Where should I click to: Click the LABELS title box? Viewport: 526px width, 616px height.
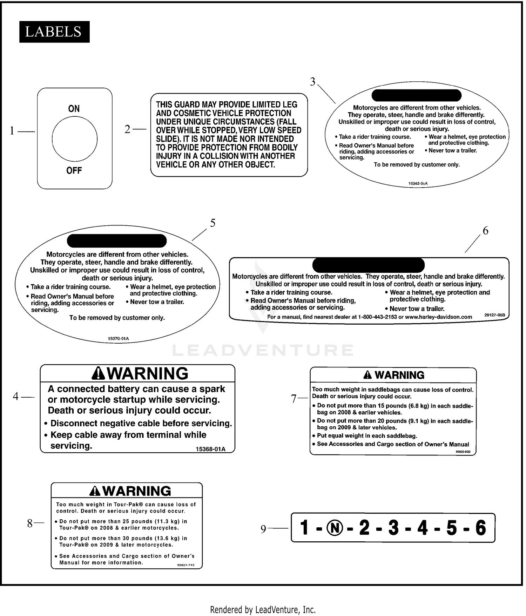pos(54,32)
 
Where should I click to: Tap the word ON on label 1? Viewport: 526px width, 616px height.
pos(74,109)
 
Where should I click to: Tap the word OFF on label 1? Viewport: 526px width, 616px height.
pos(74,171)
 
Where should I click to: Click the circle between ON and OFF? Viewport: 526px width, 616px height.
pos(75,139)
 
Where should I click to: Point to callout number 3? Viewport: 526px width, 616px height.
pos(313,82)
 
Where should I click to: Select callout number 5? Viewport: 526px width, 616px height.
pos(213,223)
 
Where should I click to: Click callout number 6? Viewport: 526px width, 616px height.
pos(485,231)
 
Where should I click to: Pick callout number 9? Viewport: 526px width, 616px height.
pos(263,529)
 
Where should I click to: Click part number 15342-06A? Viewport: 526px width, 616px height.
pos(418,183)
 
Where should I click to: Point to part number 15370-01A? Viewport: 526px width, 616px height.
pos(118,339)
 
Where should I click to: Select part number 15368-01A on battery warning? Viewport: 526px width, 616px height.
pos(210,449)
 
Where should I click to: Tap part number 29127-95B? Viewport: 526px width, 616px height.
pos(494,315)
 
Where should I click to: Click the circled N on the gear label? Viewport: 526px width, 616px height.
pos(335,528)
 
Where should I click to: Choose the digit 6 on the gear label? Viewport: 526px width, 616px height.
pos(480,528)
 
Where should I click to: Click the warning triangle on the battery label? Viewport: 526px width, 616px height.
pos(98,374)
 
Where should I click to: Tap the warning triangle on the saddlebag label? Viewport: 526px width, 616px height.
pos(367,375)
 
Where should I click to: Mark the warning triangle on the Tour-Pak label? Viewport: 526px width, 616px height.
pos(95,491)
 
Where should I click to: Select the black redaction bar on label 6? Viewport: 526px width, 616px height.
pos(368,265)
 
